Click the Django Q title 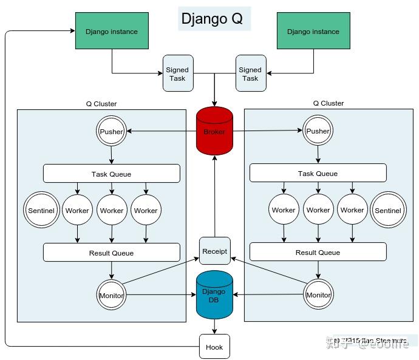pos(212,19)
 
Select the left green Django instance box pos(111,32)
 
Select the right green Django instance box pos(313,32)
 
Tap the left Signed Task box pos(177,73)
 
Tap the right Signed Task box pos(250,73)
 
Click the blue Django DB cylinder pos(214,296)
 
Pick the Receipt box pos(214,251)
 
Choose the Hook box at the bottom pos(214,347)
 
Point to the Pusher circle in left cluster pos(111,131)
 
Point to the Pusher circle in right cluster pos(318,131)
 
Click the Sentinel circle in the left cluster pos(41,211)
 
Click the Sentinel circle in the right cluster pos(387,211)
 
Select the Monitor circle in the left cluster pos(111,296)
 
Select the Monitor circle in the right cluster pos(318,295)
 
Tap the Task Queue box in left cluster pos(111,174)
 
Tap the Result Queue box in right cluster pos(318,252)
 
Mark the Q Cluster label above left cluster pos(101,104)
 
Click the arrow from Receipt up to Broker pos(214,194)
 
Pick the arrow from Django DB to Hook pos(214,327)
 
